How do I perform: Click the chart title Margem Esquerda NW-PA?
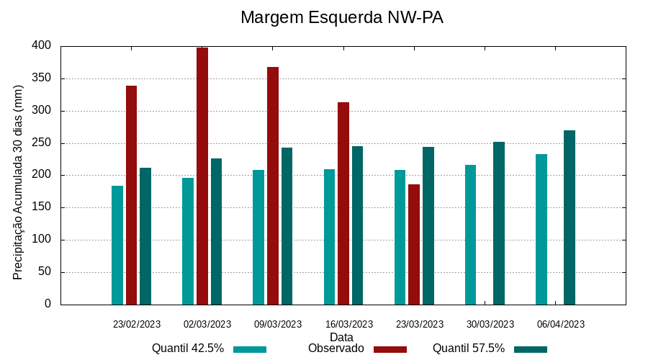tap(341, 17)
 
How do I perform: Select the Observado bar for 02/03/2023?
tap(202, 176)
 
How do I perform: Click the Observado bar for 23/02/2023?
tap(131, 194)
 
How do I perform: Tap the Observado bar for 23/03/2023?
tap(414, 244)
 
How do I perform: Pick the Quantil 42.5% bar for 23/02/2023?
tap(117, 245)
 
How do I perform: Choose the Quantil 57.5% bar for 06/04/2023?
tap(570, 217)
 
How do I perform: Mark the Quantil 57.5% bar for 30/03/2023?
tap(499, 222)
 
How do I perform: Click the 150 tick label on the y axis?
tap(42, 207)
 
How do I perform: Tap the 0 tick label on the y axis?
tap(48, 304)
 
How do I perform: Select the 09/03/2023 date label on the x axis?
tap(278, 324)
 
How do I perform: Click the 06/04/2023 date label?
tap(561, 324)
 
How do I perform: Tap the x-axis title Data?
tap(341, 337)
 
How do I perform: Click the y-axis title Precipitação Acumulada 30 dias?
tap(19, 182)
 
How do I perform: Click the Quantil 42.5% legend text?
tap(188, 348)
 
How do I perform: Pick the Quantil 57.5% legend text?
tap(469, 348)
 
